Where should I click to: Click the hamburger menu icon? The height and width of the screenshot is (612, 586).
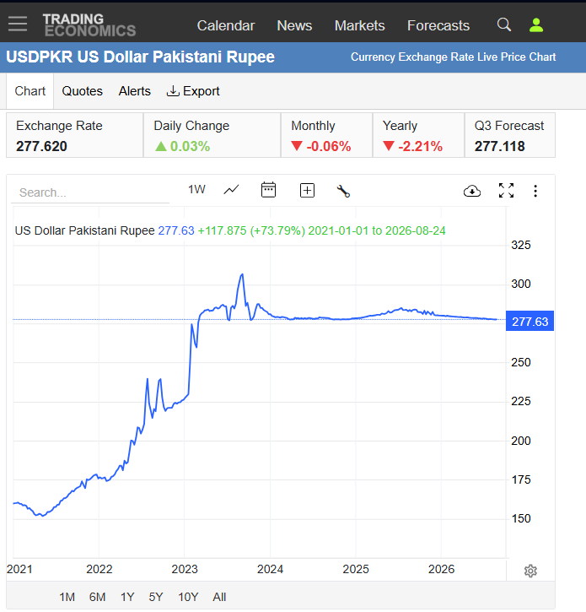[18, 24]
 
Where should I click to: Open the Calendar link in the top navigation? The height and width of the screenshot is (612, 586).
[226, 26]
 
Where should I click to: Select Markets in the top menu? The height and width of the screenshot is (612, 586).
[359, 26]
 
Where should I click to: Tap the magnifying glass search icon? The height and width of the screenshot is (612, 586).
[504, 25]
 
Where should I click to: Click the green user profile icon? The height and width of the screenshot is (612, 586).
[536, 25]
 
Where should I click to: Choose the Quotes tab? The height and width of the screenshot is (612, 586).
[83, 91]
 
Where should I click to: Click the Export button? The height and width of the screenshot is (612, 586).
[193, 91]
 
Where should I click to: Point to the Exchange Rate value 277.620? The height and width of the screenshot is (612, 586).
[41, 146]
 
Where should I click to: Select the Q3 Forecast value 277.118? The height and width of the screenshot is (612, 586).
[499, 146]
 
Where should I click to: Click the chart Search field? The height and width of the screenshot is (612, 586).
[90, 192]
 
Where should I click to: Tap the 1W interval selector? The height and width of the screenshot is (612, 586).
[196, 190]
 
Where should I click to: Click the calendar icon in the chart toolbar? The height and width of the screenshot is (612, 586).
[268, 190]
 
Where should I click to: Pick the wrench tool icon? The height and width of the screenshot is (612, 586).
[343, 191]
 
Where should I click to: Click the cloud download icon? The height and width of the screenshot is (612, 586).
[472, 191]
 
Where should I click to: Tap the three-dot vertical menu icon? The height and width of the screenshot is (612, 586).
[535, 191]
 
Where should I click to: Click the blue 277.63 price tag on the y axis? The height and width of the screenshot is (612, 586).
[530, 322]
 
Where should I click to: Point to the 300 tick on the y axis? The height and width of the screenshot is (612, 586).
[521, 284]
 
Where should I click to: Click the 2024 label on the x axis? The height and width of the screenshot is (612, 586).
[270, 569]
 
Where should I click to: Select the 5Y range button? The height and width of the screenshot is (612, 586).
[156, 597]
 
